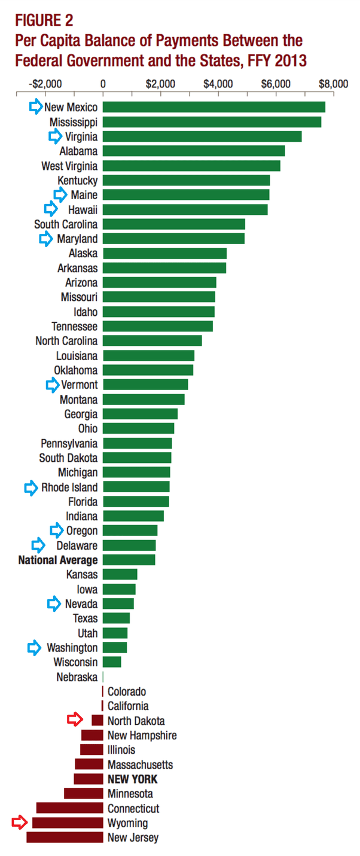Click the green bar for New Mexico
click(213, 107)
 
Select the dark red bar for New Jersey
click(65, 837)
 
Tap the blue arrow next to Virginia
click(56, 136)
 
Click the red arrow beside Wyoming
click(20, 823)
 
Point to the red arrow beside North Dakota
click(75, 721)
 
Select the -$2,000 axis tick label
click(45, 84)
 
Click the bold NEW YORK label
click(132, 779)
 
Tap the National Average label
click(58, 560)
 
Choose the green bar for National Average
click(129, 560)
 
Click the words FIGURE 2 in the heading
click(44, 21)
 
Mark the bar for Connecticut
click(69, 808)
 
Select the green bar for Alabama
click(193, 151)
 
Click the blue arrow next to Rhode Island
click(31, 488)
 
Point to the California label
click(128, 706)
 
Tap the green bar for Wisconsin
click(112, 662)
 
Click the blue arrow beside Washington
click(36, 648)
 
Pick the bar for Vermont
click(145, 385)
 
